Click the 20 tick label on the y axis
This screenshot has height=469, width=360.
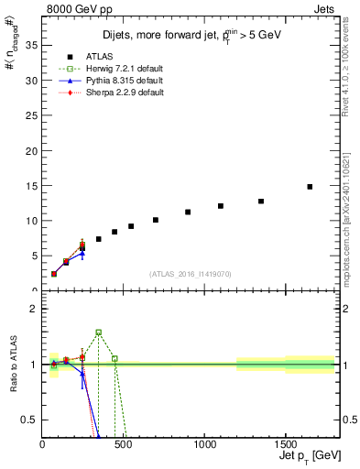click(32, 150)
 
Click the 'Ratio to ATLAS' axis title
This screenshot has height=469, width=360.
click(14, 365)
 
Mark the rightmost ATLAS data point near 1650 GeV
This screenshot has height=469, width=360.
click(310, 187)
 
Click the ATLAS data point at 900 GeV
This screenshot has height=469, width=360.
click(188, 212)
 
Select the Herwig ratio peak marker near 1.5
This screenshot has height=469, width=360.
click(98, 333)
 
